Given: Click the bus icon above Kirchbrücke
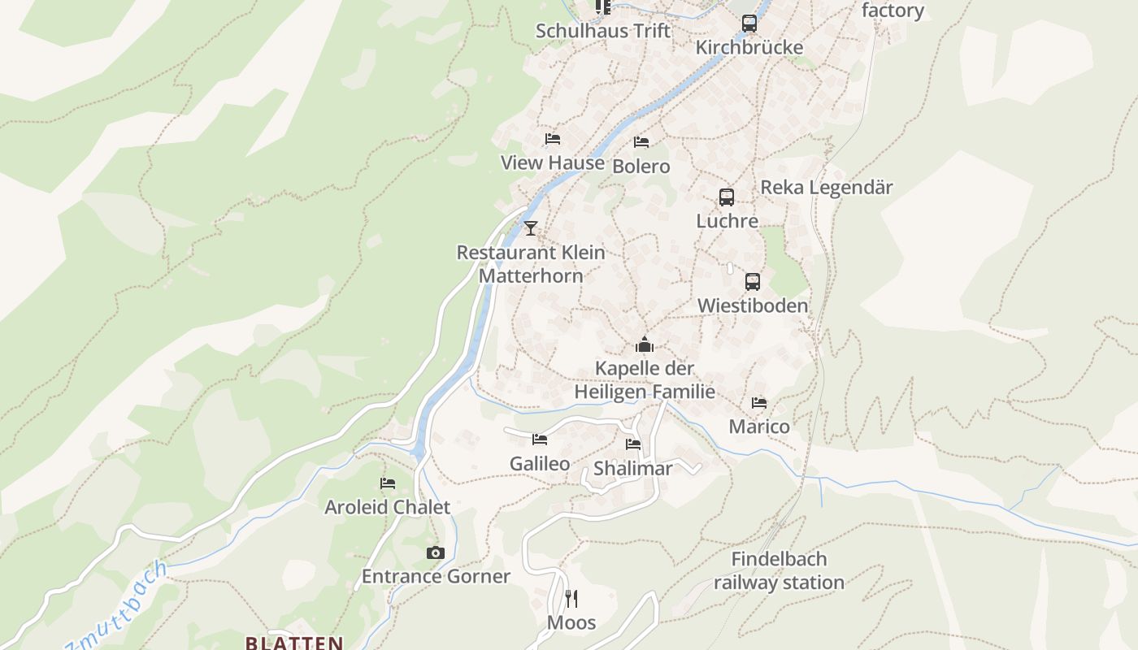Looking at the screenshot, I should click(x=749, y=24).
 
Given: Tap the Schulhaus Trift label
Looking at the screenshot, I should click(x=603, y=31).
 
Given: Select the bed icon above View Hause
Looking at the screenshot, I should click(x=553, y=139).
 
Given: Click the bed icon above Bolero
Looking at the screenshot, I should click(x=641, y=142).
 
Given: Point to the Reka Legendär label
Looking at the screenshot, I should click(x=826, y=188).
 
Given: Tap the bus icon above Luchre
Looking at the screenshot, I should click(x=727, y=197).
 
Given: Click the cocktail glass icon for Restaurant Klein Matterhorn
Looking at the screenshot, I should click(x=531, y=228).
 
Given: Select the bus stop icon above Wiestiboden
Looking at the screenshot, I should click(x=753, y=282).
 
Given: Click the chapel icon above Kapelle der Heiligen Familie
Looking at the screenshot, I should click(x=645, y=344).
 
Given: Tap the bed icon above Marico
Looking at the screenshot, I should click(x=759, y=403).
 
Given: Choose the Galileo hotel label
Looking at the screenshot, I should click(x=540, y=464).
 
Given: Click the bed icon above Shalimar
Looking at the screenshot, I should click(x=633, y=444).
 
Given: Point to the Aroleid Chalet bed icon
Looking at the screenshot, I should click(x=388, y=483).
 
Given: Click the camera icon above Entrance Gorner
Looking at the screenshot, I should click(x=436, y=553).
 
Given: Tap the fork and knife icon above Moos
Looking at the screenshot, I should click(x=571, y=600).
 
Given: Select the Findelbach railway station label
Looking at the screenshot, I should click(x=779, y=570).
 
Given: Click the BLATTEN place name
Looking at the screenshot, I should click(x=294, y=643).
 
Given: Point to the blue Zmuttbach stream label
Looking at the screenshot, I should click(x=118, y=605).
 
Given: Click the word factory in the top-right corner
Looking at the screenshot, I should click(x=893, y=11).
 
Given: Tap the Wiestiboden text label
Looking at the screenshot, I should click(x=753, y=305).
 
